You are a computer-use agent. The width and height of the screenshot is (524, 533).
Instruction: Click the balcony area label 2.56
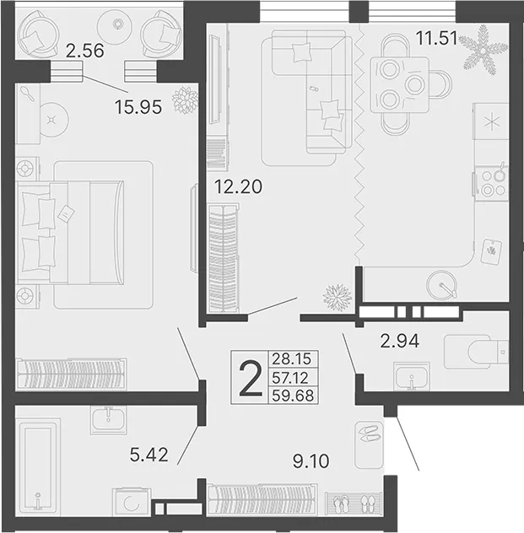pyautogui.click(x=84, y=51)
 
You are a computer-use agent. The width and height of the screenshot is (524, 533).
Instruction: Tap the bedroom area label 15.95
pyautogui.click(x=138, y=107)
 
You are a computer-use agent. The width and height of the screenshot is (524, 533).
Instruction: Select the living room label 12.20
pyautogui.click(x=238, y=186)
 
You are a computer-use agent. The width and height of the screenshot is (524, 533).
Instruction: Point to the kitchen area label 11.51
pyautogui.click(x=437, y=38)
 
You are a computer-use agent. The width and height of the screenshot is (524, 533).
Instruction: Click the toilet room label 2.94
pyautogui.click(x=400, y=341)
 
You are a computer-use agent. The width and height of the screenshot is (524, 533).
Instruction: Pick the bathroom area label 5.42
pyautogui.click(x=149, y=455)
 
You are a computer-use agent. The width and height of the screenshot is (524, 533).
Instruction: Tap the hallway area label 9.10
pyautogui.click(x=311, y=461)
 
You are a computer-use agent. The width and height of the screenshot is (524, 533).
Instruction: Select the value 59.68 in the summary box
pyautogui.click(x=293, y=396)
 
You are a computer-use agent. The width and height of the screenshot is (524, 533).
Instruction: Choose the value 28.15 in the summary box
pyautogui.click(x=292, y=358)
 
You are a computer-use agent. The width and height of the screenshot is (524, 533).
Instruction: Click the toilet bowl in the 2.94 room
pyautogui.click(x=476, y=352)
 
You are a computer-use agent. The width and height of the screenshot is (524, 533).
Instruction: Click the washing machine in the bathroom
pyautogui.click(x=132, y=503)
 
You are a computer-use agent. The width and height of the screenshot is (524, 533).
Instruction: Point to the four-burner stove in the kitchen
pyautogui.click(x=492, y=183)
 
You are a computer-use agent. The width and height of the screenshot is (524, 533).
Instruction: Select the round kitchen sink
pyautogui.click(x=442, y=285)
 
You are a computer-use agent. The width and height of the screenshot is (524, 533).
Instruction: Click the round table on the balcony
pyautogui.click(x=117, y=24)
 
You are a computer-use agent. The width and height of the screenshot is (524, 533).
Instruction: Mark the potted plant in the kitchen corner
pyautogui.click(x=483, y=50)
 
